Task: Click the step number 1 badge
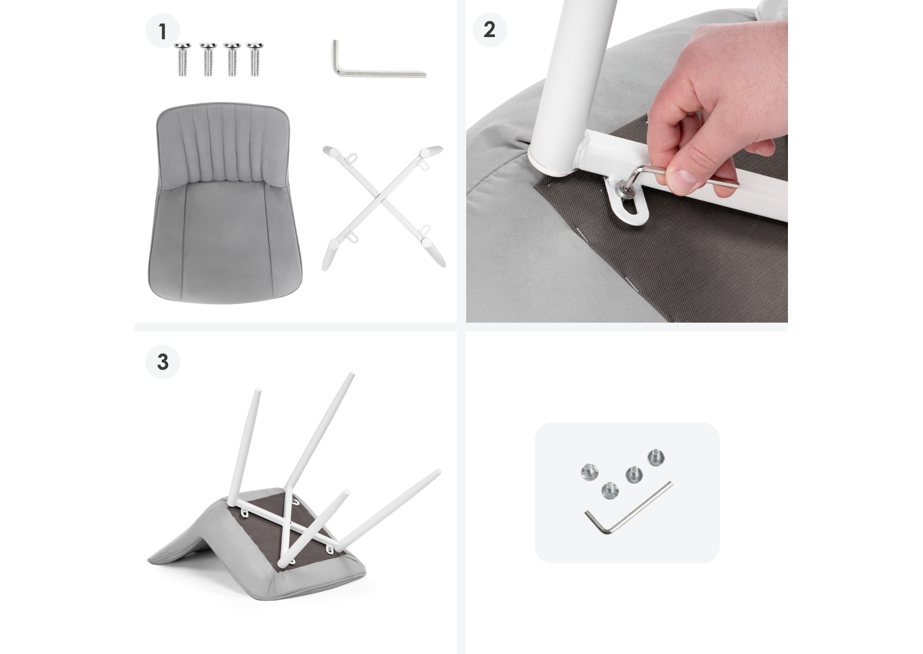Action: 163,31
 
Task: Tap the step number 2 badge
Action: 490,29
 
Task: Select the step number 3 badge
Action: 163,362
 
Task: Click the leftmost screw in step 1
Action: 182,59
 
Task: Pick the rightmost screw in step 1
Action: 256,59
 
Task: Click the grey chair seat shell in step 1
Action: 224,202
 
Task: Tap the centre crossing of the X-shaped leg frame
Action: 383,202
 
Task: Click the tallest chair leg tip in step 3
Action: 351,376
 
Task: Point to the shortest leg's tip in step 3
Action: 346,492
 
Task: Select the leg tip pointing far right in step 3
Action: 437,473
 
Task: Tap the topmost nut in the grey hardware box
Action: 656,458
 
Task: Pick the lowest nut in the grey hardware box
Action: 609,491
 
